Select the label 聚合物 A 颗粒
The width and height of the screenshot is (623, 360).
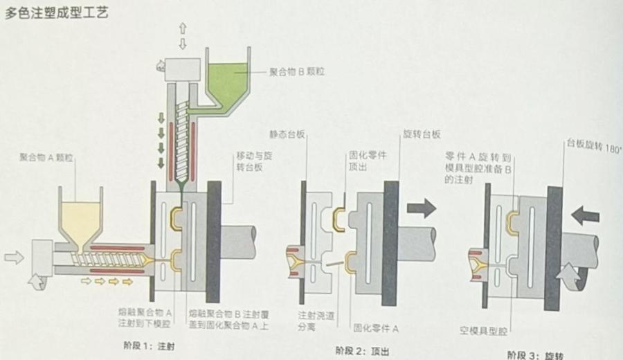[x=46, y=157]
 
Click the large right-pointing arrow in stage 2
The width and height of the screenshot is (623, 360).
[x=421, y=208]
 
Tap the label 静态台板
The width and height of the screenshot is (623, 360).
[x=285, y=134]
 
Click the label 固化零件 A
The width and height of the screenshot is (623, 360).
[x=377, y=326]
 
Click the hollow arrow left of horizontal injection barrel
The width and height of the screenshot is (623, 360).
[x=14, y=258]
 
